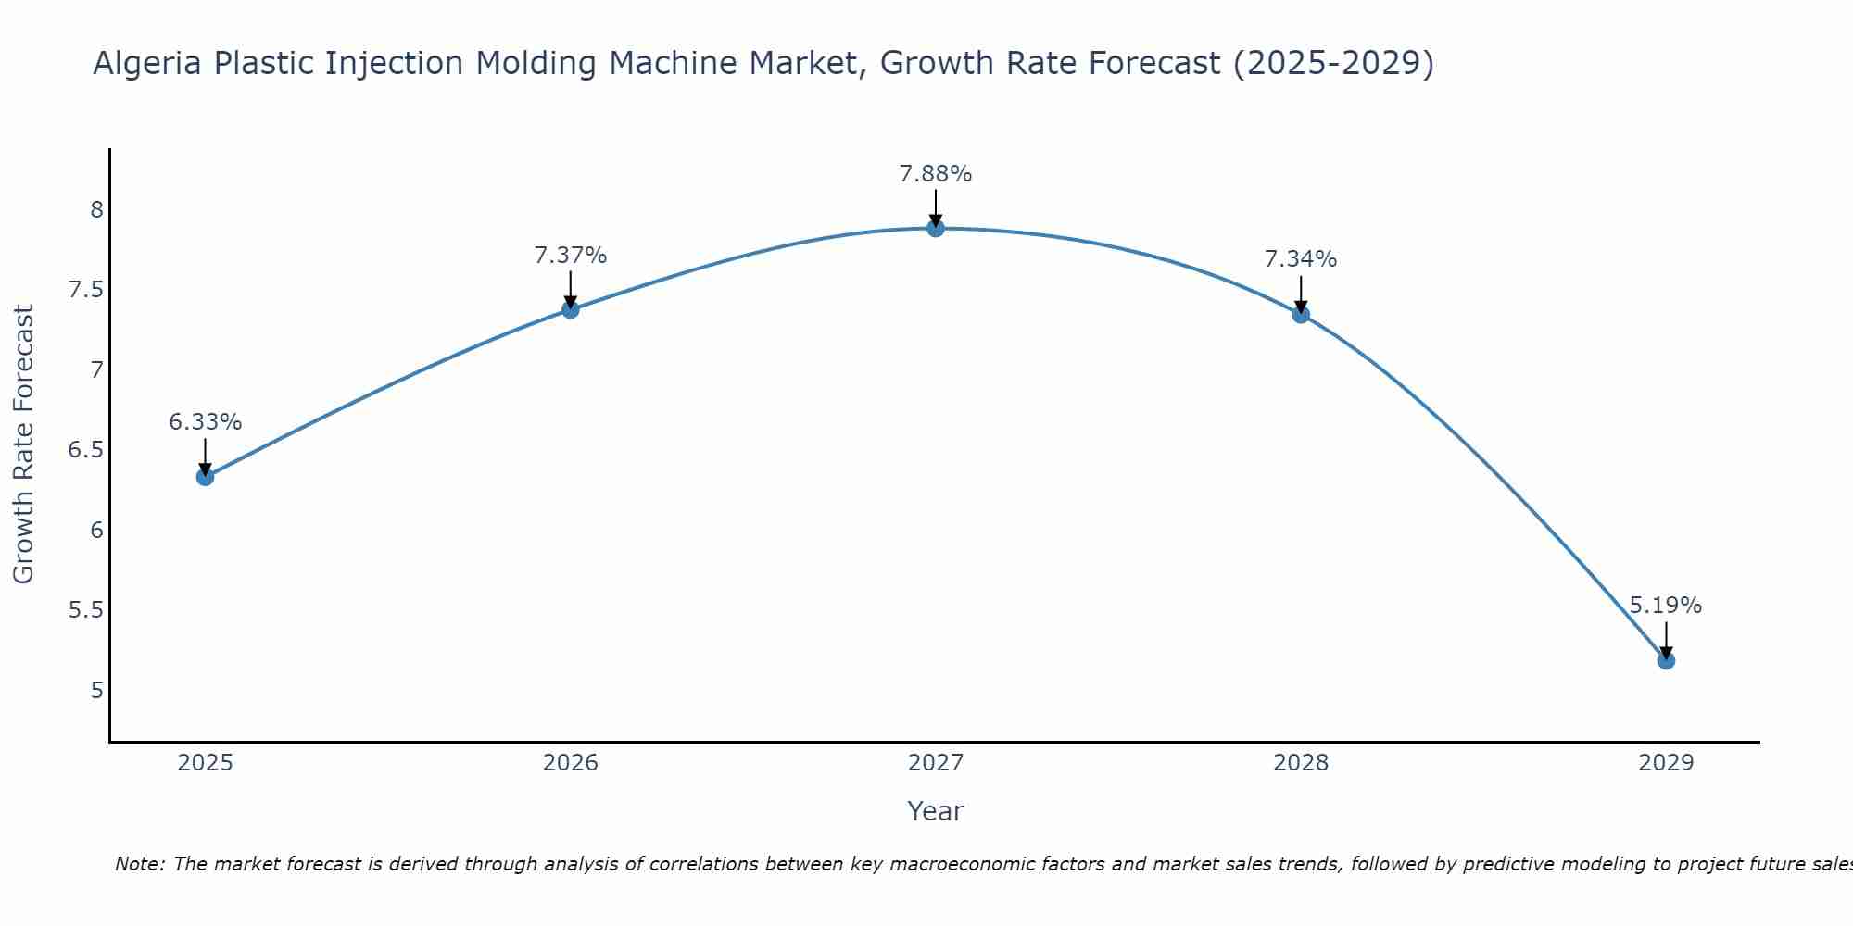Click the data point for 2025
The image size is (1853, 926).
[x=206, y=477]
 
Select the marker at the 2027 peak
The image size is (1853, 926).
[x=936, y=228]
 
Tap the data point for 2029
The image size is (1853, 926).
[x=1666, y=660]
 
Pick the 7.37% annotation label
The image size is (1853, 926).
[x=571, y=256]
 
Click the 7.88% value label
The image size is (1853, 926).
[x=936, y=174]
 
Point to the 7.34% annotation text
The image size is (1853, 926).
[x=1301, y=259]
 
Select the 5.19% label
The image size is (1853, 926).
[x=1666, y=606]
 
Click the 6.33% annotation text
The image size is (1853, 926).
[x=206, y=422]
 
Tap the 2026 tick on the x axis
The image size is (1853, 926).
[x=571, y=763]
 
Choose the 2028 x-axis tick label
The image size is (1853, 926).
[x=1301, y=763]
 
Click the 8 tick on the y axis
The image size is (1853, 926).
[x=97, y=210]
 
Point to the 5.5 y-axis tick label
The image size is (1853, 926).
[x=86, y=610]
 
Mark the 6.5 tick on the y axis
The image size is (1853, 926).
[x=86, y=450]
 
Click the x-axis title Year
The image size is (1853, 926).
[x=936, y=811]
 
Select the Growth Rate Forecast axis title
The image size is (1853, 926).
[x=24, y=444]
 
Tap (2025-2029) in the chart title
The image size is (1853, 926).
[x=1334, y=64]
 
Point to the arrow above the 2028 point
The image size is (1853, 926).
[x=1301, y=294]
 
